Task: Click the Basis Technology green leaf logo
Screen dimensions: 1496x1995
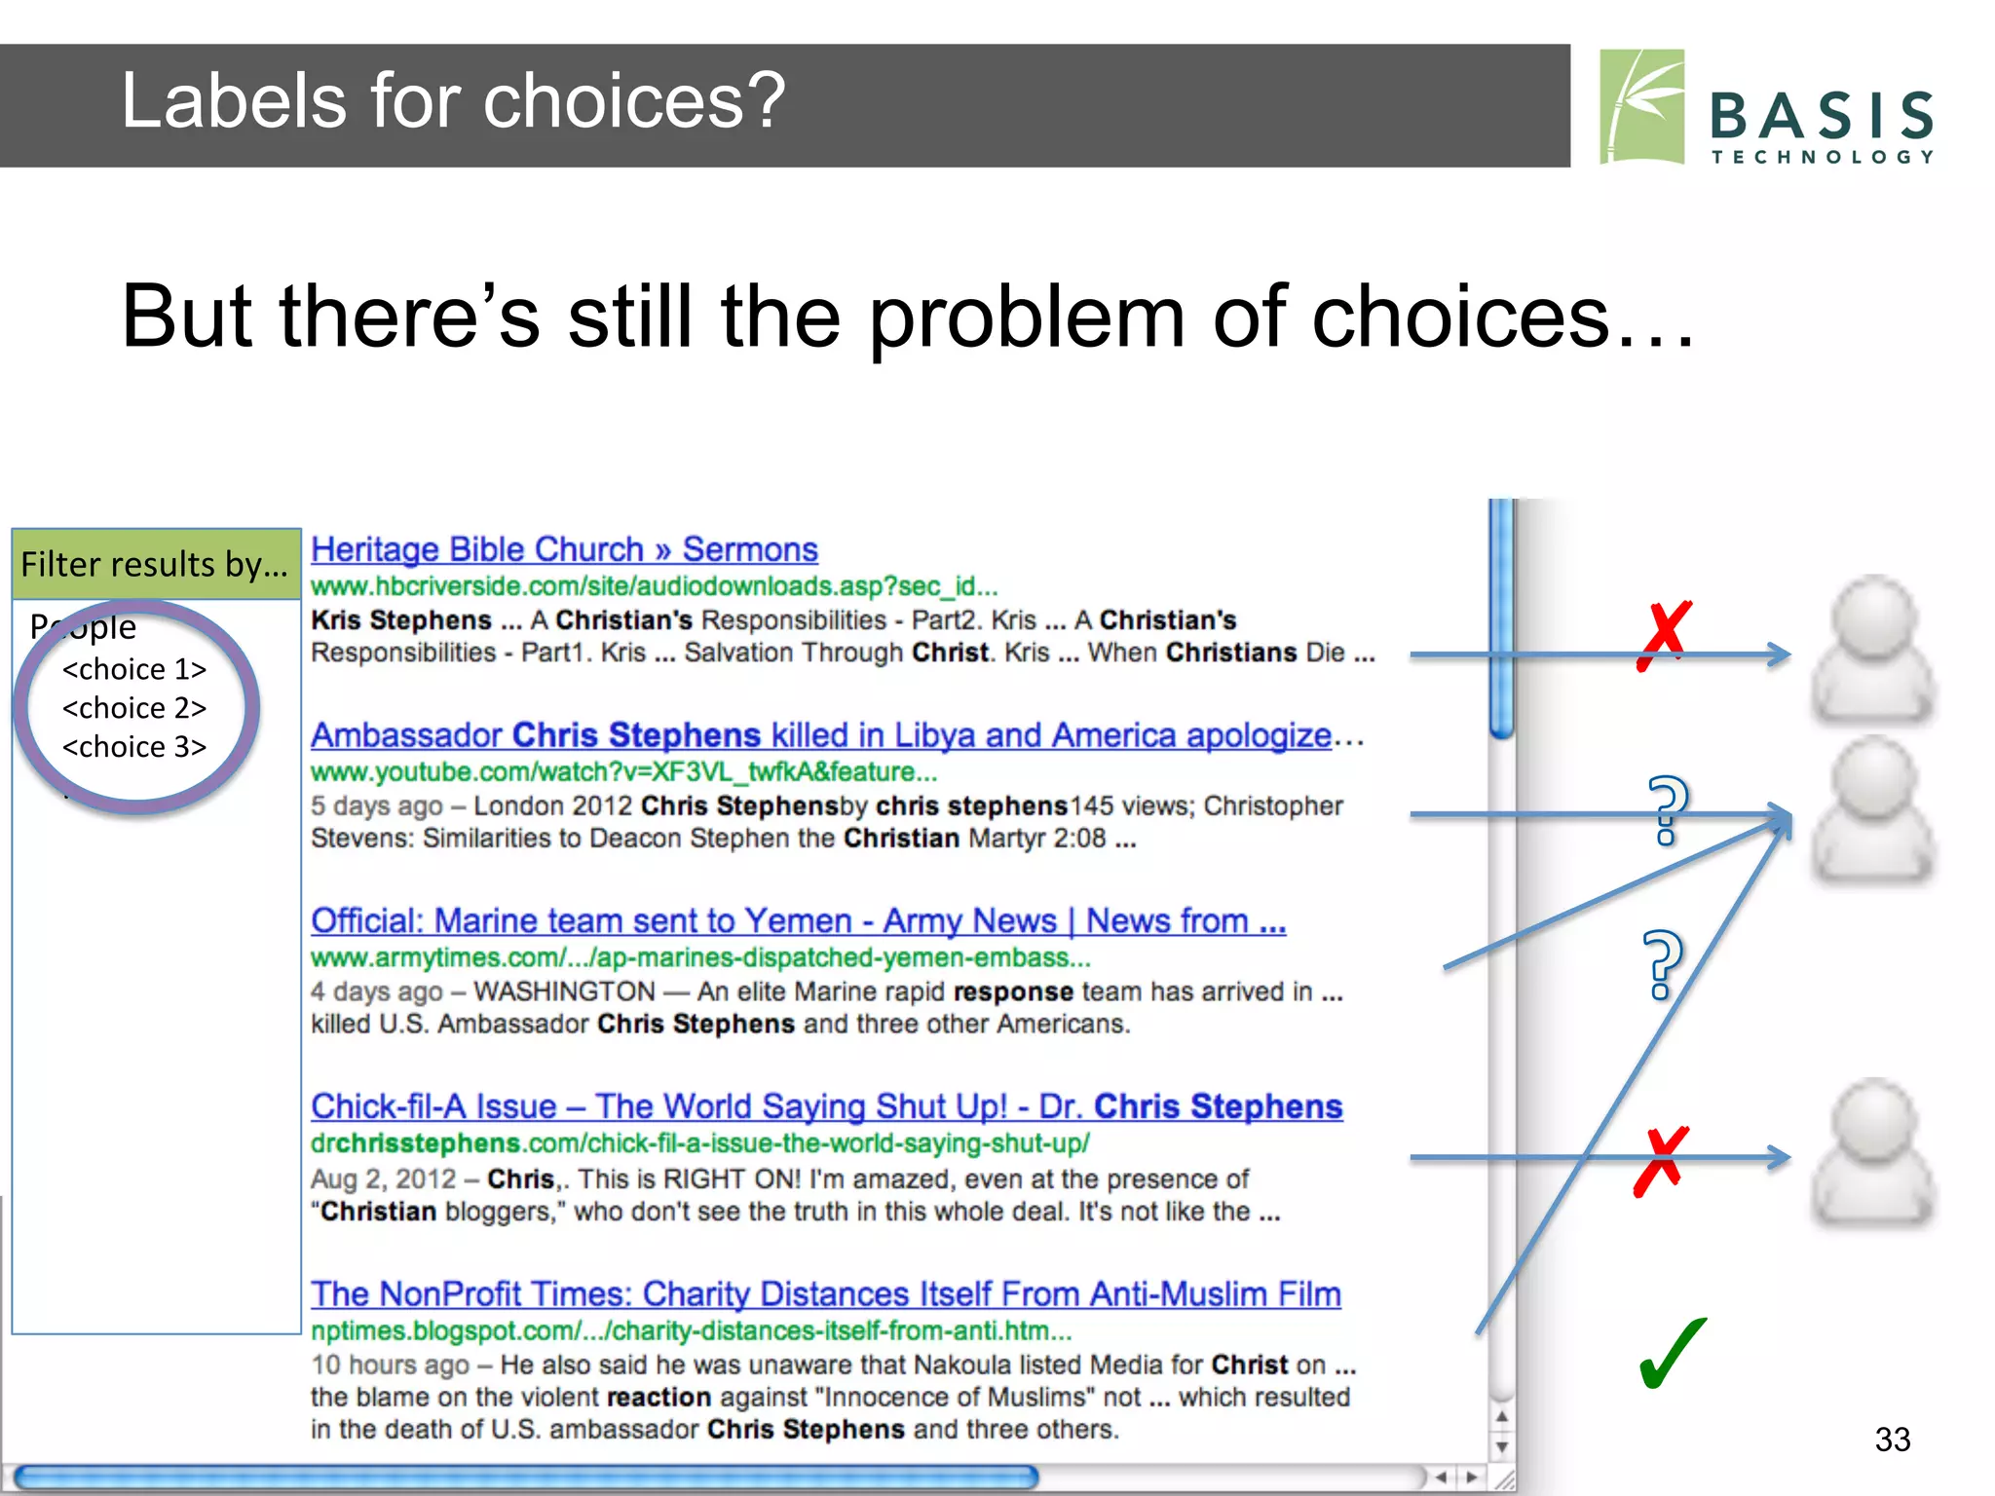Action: pos(1642,106)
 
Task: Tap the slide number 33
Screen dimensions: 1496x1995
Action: pos(1892,1440)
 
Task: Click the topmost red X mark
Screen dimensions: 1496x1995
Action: pos(1665,635)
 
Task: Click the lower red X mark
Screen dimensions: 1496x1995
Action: pos(1661,1161)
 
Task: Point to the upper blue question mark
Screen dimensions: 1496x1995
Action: pos(1667,807)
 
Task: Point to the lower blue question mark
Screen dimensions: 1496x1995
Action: pos(1662,964)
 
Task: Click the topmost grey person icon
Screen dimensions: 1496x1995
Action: pos(1872,649)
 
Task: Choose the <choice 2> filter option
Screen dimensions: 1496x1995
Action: pos(134,708)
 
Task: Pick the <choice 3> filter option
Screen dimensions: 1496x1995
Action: pos(134,747)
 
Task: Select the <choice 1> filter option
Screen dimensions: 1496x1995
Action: pos(134,669)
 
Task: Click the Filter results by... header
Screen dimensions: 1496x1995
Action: pos(155,565)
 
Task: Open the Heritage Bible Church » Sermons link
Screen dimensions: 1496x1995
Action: pos(564,549)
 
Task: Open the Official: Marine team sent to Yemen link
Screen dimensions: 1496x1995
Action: pos(798,920)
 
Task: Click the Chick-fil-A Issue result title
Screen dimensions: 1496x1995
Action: pos(826,1106)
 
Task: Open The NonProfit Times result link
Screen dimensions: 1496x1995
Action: pos(825,1293)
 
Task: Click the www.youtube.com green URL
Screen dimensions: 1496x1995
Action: pos(623,772)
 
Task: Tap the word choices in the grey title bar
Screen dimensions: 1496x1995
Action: pos(633,101)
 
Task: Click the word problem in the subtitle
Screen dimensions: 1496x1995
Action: pos(1027,318)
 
